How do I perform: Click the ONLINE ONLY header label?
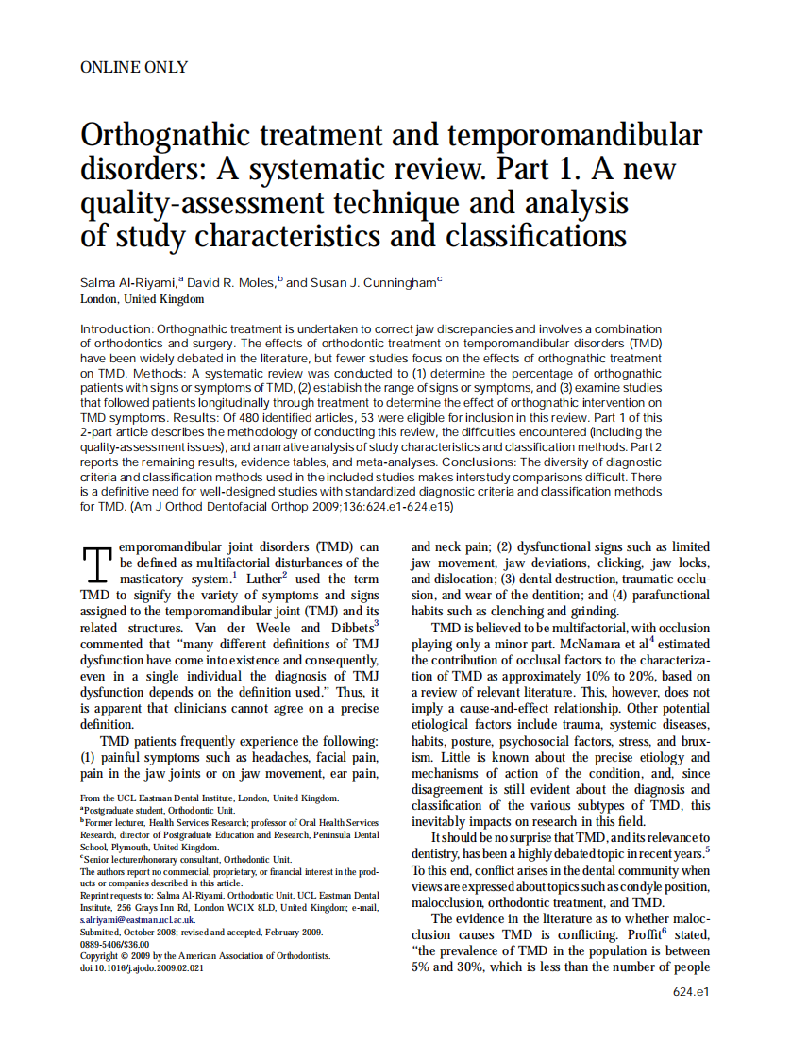(x=134, y=67)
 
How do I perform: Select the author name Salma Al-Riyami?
(x=128, y=282)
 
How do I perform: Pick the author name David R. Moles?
(x=230, y=282)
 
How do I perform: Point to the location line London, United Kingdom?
(x=142, y=299)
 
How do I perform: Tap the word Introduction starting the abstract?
(x=116, y=328)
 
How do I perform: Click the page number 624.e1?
(x=691, y=992)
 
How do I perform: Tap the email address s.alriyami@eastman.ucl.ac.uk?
(x=138, y=919)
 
